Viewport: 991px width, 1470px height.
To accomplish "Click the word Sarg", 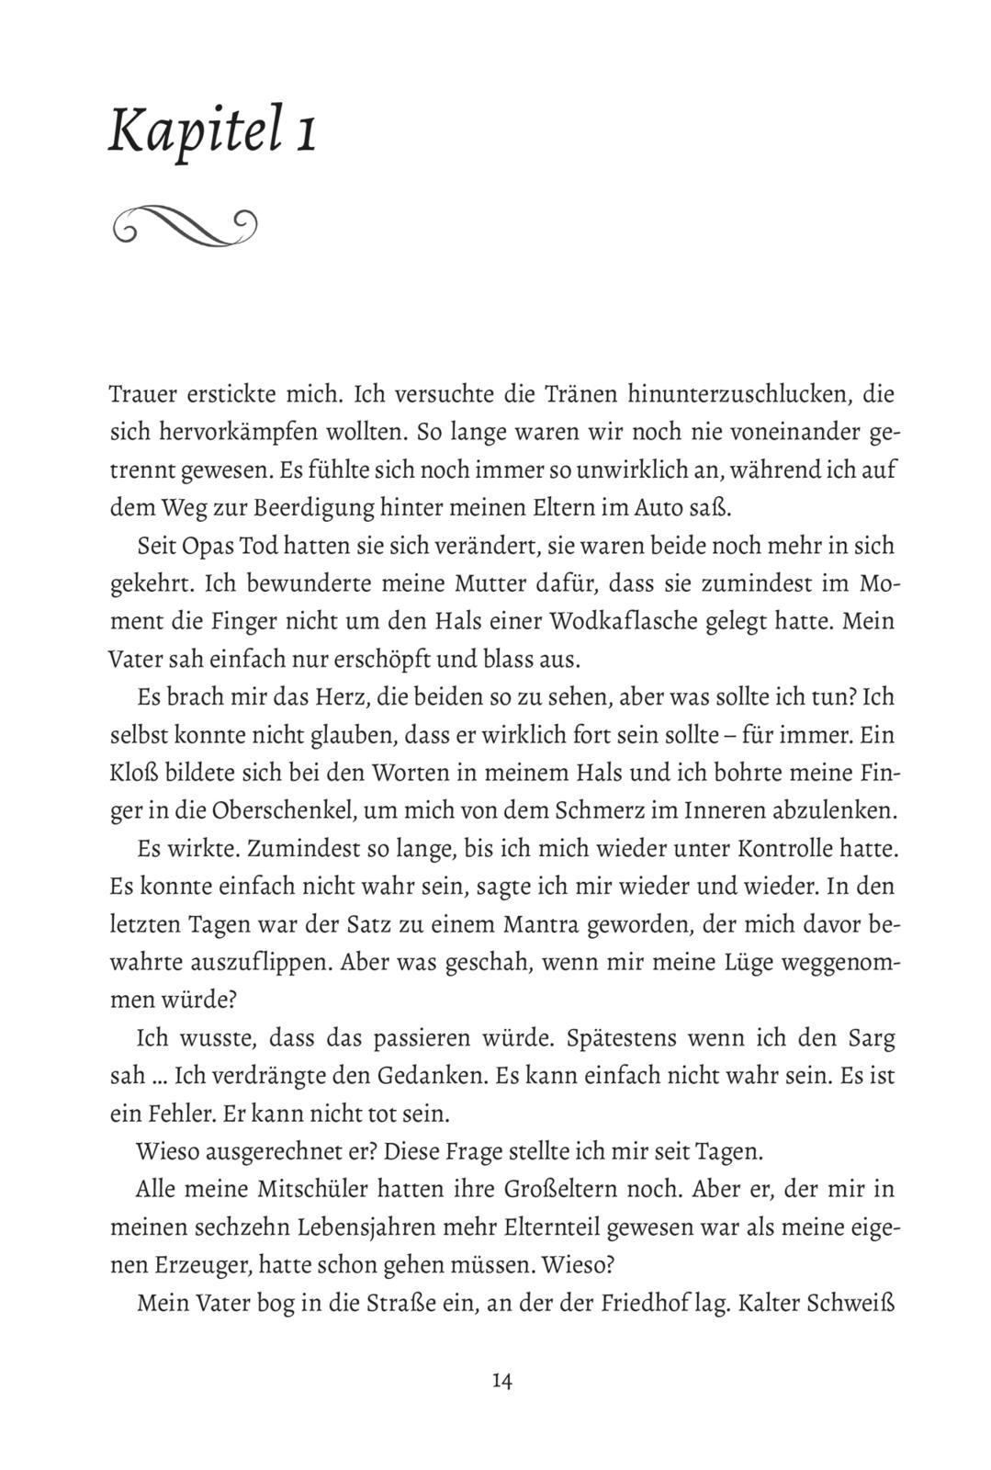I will [x=868, y=1038].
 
